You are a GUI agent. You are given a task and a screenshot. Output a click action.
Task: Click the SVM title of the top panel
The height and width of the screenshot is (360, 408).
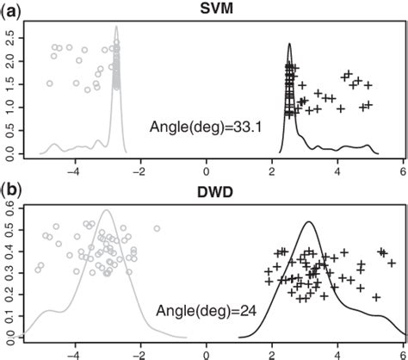coord(204,8)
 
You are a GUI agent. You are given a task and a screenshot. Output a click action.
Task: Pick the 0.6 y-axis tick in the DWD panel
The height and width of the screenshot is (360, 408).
coord(9,204)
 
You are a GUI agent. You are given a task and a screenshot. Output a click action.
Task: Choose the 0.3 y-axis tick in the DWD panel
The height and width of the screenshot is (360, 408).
coord(9,270)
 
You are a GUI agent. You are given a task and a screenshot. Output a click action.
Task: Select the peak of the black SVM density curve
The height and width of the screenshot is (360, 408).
coord(290,44)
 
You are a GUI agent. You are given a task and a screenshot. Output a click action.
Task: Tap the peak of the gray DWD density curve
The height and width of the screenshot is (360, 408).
coord(107,209)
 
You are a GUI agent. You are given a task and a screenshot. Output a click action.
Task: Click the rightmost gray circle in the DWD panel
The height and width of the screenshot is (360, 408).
coord(157,228)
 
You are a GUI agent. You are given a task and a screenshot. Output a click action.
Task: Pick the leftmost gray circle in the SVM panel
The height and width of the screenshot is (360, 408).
coord(49,84)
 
